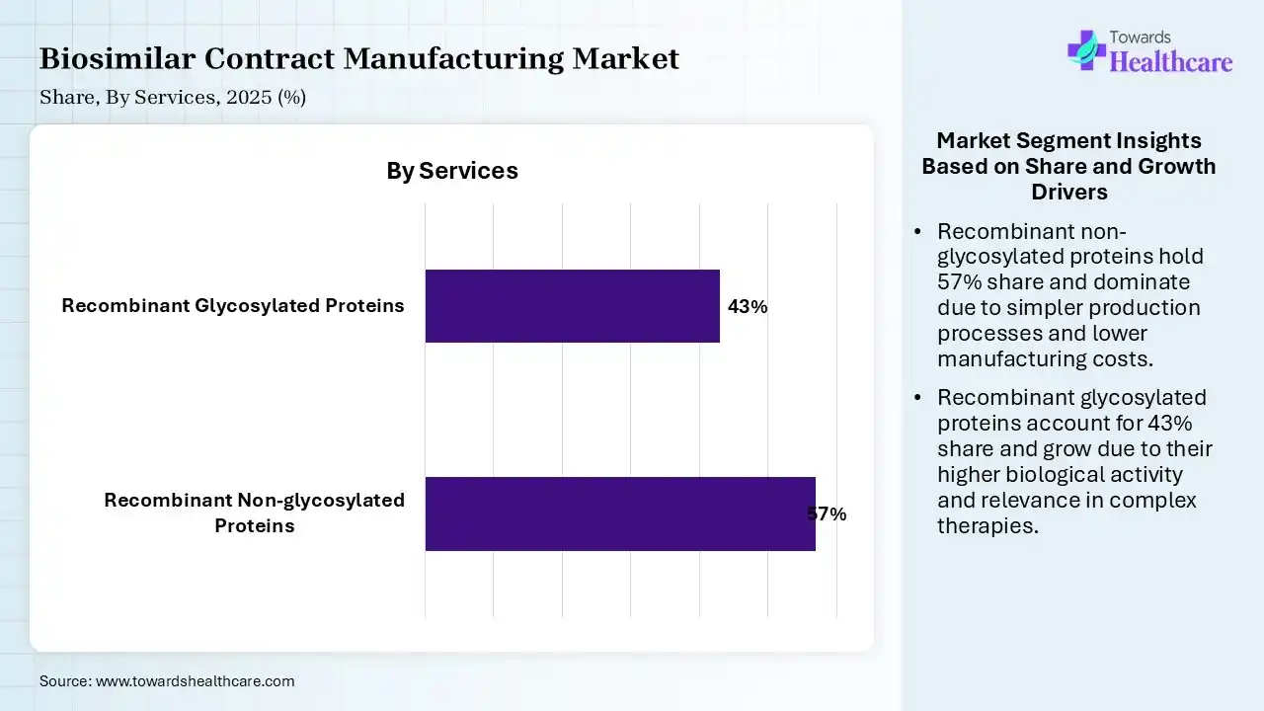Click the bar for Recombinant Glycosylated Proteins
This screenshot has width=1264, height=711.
[572, 306]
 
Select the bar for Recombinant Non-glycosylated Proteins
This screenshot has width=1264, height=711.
[620, 513]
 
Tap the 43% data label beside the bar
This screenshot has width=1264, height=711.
[748, 307]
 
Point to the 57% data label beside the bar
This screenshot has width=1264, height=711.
[827, 514]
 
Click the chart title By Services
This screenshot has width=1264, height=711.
[452, 171]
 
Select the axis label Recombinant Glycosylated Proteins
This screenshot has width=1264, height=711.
[233, 306]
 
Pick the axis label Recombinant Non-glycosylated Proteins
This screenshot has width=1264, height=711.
[255, 513]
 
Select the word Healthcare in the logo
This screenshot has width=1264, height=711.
[1171, 62]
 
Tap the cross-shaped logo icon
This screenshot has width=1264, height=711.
[1086, 49]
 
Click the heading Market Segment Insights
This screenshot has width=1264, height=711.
[1068, 140]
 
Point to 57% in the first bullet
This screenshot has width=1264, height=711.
[959, 282]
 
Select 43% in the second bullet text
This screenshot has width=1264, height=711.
[1171, 423]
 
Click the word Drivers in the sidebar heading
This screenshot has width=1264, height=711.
[1068, 192]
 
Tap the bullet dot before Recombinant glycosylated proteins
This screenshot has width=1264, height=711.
[918, 398]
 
